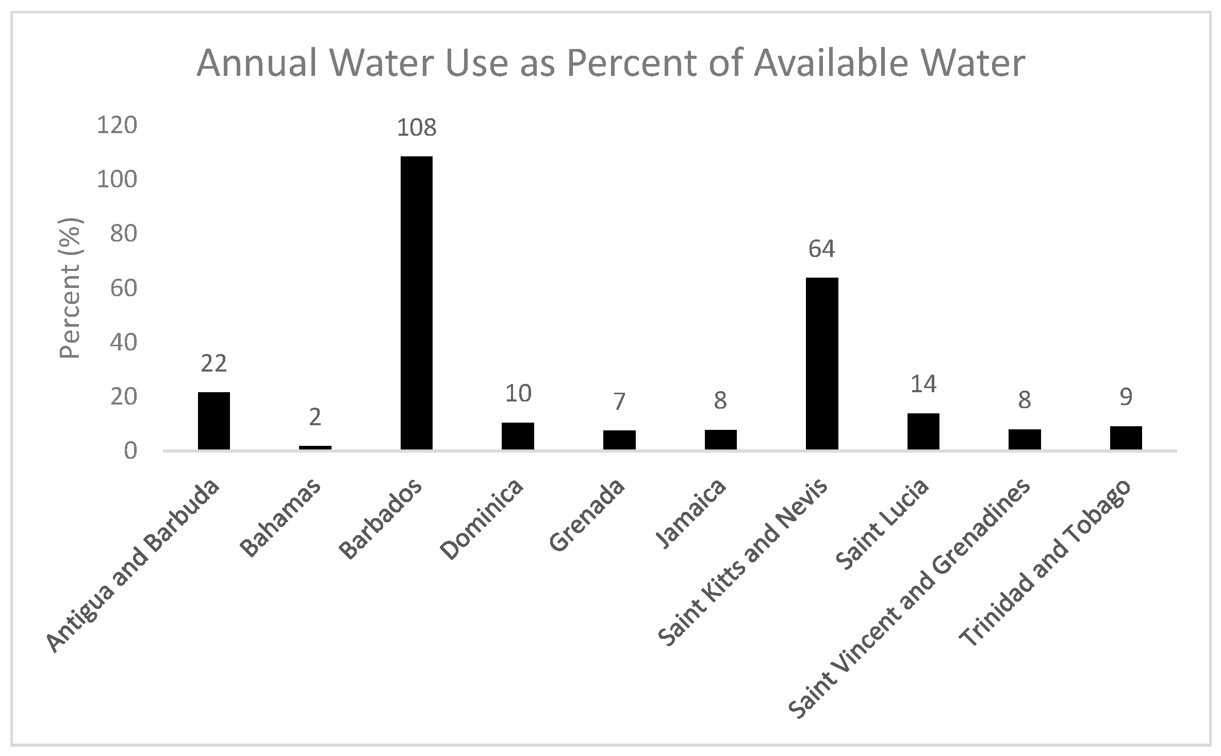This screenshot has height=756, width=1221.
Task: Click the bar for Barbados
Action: click(416, 303)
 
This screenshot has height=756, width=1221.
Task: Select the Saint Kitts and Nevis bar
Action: click(822, 363)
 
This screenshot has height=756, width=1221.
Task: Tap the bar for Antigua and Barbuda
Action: click(213, 421)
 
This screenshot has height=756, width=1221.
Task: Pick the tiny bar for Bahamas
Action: click(315, 447)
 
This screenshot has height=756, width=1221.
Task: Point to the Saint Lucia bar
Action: click(923, 431)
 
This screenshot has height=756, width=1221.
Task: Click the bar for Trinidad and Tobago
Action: click(1126, 438)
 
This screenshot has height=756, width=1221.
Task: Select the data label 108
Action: click(416, 128)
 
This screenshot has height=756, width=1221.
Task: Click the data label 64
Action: click(821, 249)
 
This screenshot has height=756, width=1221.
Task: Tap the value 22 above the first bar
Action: click(213, 364)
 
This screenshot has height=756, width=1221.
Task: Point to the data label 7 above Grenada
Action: click(619, 401)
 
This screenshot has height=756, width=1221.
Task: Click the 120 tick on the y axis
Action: click(117, 125)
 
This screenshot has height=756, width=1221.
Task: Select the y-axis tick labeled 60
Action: click(124, 288)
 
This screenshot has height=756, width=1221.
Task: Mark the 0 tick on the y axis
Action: click(130, 451)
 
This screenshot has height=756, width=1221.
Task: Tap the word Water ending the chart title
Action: click(967, 63)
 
